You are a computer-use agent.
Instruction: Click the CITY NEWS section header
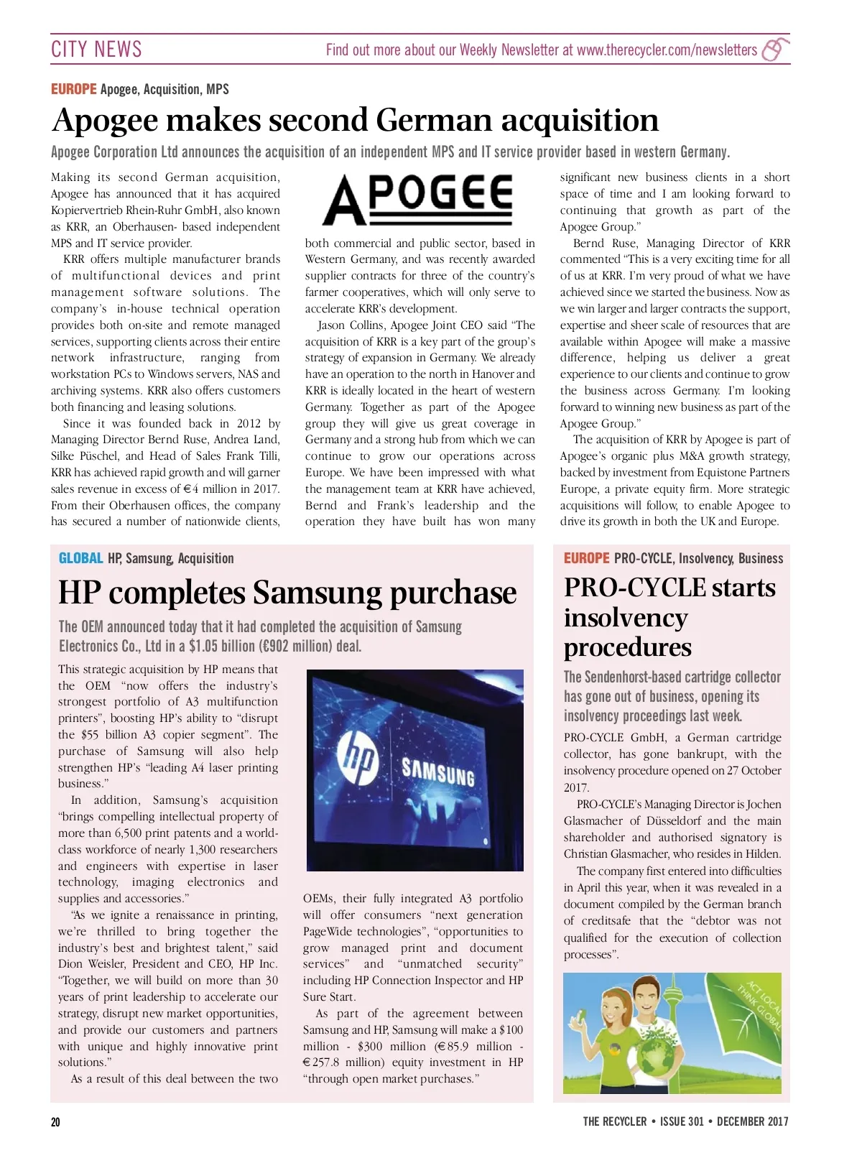(96, 49)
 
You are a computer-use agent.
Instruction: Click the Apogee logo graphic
(417, 199)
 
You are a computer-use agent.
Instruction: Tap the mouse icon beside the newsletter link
(774, 50)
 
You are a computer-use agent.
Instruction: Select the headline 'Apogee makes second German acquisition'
(355, 120)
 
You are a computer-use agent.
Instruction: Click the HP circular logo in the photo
(358, 759)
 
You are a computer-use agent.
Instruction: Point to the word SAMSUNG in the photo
(438, 773)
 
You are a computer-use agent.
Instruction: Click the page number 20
(56, 1121)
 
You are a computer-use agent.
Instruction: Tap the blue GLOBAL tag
(80, 558)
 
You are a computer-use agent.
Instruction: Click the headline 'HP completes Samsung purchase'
(287, 593)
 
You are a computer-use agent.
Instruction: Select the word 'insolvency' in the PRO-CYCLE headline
(626, 618)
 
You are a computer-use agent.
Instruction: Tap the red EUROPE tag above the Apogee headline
(73, 89)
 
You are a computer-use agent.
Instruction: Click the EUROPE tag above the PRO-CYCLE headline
(586, 558)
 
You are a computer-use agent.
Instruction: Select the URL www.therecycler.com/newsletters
(667, 50)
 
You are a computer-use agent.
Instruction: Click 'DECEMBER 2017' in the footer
(752, 1121)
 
